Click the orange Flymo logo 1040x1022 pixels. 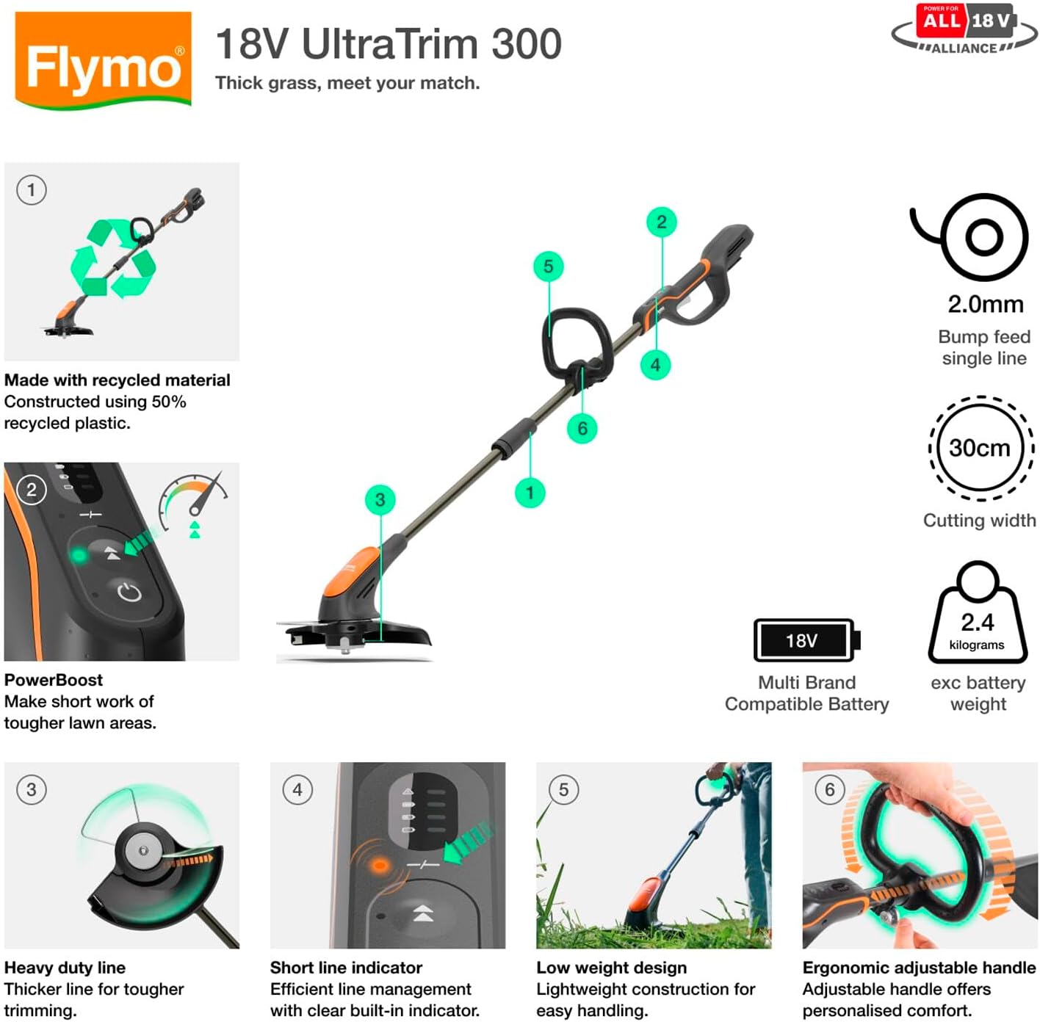(x=103, y=60)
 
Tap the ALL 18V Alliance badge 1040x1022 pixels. (x=965, y=29)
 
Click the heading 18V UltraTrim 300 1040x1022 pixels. (x=388, y=44)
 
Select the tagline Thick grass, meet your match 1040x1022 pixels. (x=347, y=83)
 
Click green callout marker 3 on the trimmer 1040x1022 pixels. (x=380, y=500)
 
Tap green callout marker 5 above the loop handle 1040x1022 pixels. (x=548, y=267)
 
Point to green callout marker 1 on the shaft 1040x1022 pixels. (x=530, y=493)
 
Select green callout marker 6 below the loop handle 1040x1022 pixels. (x=582, y=429)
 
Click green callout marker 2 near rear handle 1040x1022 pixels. (x=661, y=222)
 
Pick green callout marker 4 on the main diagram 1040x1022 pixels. (x=655, y=365)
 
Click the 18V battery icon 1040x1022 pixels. (x=806, y=640)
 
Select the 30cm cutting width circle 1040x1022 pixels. (x=980, y=448)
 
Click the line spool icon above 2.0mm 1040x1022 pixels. (x=974, y=236)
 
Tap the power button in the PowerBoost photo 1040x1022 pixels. (x=129, y=592)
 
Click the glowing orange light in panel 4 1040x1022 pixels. (x=380, y=866)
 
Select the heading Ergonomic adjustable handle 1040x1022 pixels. (x=919, y=968)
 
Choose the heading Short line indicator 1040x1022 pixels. (x=346, y=968)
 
